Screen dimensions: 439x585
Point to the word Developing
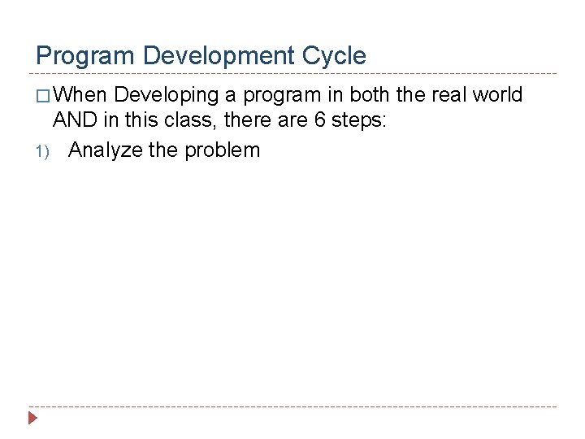pos(167,95)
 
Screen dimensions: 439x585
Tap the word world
pos(498,95)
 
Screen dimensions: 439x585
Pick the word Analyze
pos(105,150)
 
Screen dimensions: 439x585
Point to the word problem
pos(222,150)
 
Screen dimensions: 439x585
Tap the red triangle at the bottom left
pos(33,419)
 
